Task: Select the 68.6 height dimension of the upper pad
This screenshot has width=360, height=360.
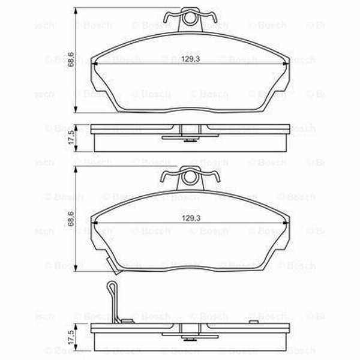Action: (71, 60)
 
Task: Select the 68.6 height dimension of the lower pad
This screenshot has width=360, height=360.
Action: (71, 220)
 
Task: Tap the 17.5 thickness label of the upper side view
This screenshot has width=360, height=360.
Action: (71, 136)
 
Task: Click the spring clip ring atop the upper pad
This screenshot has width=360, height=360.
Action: (190, 19)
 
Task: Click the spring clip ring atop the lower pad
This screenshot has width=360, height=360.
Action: (190, 178)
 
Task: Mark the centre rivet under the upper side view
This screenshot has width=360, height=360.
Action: (190, 141)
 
